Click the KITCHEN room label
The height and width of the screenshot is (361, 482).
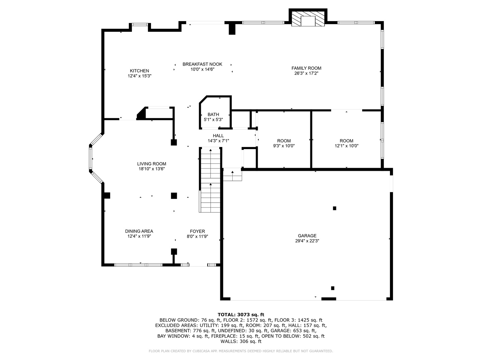[x=140, y=71]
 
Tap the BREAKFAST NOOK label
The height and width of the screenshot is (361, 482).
[x=202, y=64]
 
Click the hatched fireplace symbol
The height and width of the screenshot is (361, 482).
[x=308, y=19]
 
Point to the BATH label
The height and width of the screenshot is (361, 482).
[x=213, y=115]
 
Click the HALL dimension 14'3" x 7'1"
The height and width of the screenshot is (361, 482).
[x=218, y=141]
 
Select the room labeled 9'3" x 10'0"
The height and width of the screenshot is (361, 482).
[x=284, y=143]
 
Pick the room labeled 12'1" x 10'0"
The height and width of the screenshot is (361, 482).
[x=346, y=143]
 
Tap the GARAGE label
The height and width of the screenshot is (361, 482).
[x=307, y=236]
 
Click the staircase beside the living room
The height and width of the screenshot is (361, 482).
[x=210, y=180]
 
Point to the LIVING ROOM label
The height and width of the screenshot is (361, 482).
[x=152, y=164]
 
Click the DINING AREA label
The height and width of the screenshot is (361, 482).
[x=139, y=231]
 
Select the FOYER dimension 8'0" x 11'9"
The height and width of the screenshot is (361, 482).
[x=197, y=236]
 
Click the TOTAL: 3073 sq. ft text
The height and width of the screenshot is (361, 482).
[x=241, y=315]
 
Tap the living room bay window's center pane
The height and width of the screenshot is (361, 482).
[x=90, y=158]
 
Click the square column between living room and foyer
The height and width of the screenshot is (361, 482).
[x=174, y=196]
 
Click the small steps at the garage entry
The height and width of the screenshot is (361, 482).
[x=232, y=175]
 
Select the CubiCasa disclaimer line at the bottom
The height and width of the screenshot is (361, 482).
[x=241, y=351]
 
